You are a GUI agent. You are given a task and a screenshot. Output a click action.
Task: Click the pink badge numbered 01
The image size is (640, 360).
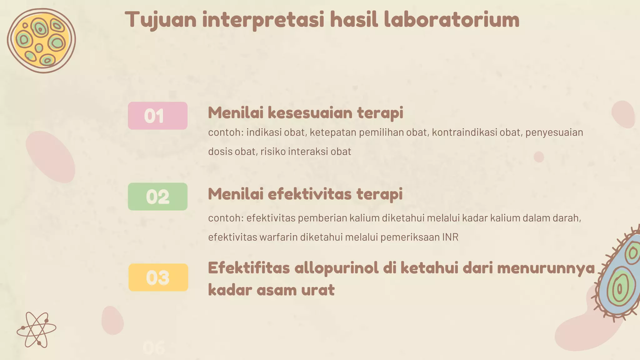[x=157, y=116]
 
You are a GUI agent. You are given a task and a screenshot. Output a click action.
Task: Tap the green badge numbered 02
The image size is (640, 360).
[x=157, y=197]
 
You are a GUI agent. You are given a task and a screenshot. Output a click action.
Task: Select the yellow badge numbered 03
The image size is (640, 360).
[x=158, y=277]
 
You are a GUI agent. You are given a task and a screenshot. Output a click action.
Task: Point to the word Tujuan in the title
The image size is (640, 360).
[x=161, y=20]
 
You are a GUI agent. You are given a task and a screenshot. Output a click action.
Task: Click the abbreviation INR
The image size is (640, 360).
[x=450, y=237]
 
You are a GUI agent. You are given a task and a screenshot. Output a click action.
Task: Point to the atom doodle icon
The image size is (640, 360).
[x=37, y=329]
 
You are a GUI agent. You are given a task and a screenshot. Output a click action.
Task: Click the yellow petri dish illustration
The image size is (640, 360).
[x=41, y=41]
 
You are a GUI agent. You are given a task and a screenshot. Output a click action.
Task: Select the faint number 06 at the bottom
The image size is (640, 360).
[x=154, y=348]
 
